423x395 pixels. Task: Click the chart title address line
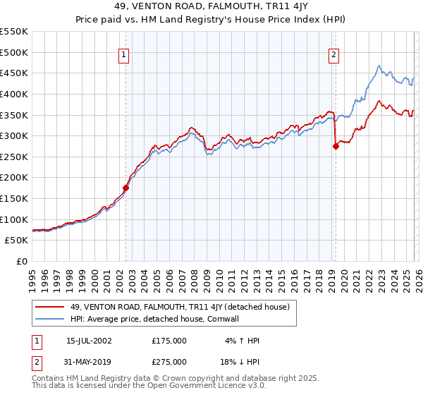click(x=211, y=5)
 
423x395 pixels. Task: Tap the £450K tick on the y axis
click(x=14, y=73)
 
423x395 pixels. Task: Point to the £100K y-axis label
click(x=14, y=219)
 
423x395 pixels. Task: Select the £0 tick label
click(x=23, y=261)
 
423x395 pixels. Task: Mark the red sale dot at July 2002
click(x=126, y=188)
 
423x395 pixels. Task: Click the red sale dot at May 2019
click(x=336, y=146)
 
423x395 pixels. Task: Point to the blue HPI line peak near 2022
click(x=379, y=66)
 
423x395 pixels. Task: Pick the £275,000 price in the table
click(x=169, y=362)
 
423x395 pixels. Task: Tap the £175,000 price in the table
click(x=169, y=341)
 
